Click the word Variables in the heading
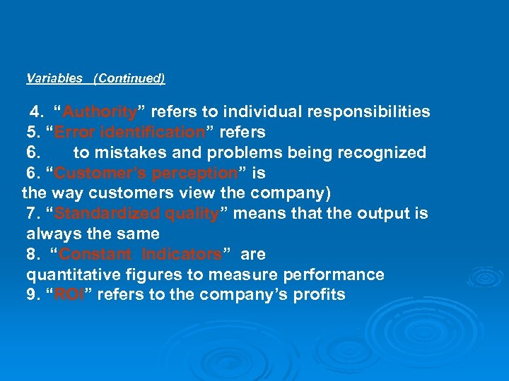[54, 78]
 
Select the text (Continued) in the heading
[129, 78]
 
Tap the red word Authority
[99, 112]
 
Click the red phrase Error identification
[129, 133]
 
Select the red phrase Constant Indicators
[141, 254]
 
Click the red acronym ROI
[69, 295]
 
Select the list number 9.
[32, 295]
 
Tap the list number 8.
[32, 254]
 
